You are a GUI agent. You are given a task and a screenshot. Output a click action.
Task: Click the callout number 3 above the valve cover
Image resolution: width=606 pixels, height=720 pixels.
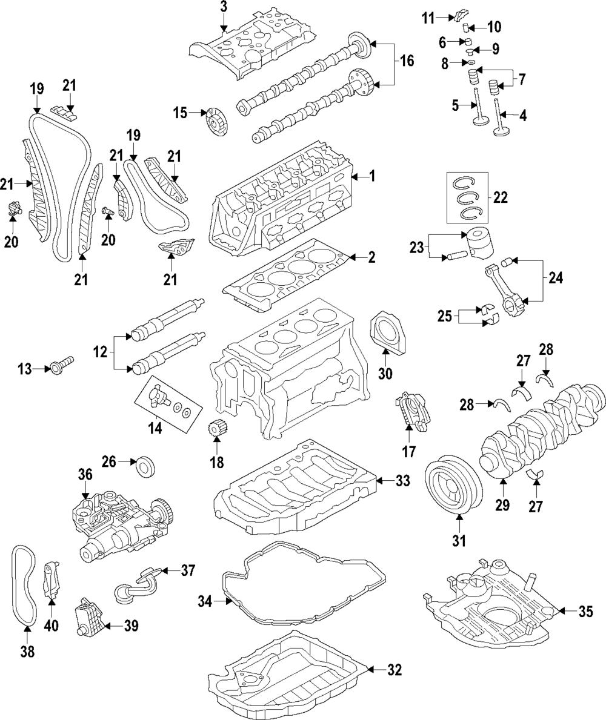[x=224, y=7]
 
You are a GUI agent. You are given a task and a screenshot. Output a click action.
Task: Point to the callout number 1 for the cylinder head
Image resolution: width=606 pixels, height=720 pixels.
[x=372, y=177]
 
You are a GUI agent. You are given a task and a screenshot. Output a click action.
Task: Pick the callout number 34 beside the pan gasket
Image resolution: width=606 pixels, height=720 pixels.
[x=205, y=601]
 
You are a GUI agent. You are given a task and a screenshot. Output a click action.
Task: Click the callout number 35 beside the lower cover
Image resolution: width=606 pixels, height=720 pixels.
[x=585, y=612]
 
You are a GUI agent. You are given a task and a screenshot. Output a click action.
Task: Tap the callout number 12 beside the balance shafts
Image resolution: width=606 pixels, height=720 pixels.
[x=101, y=351]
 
